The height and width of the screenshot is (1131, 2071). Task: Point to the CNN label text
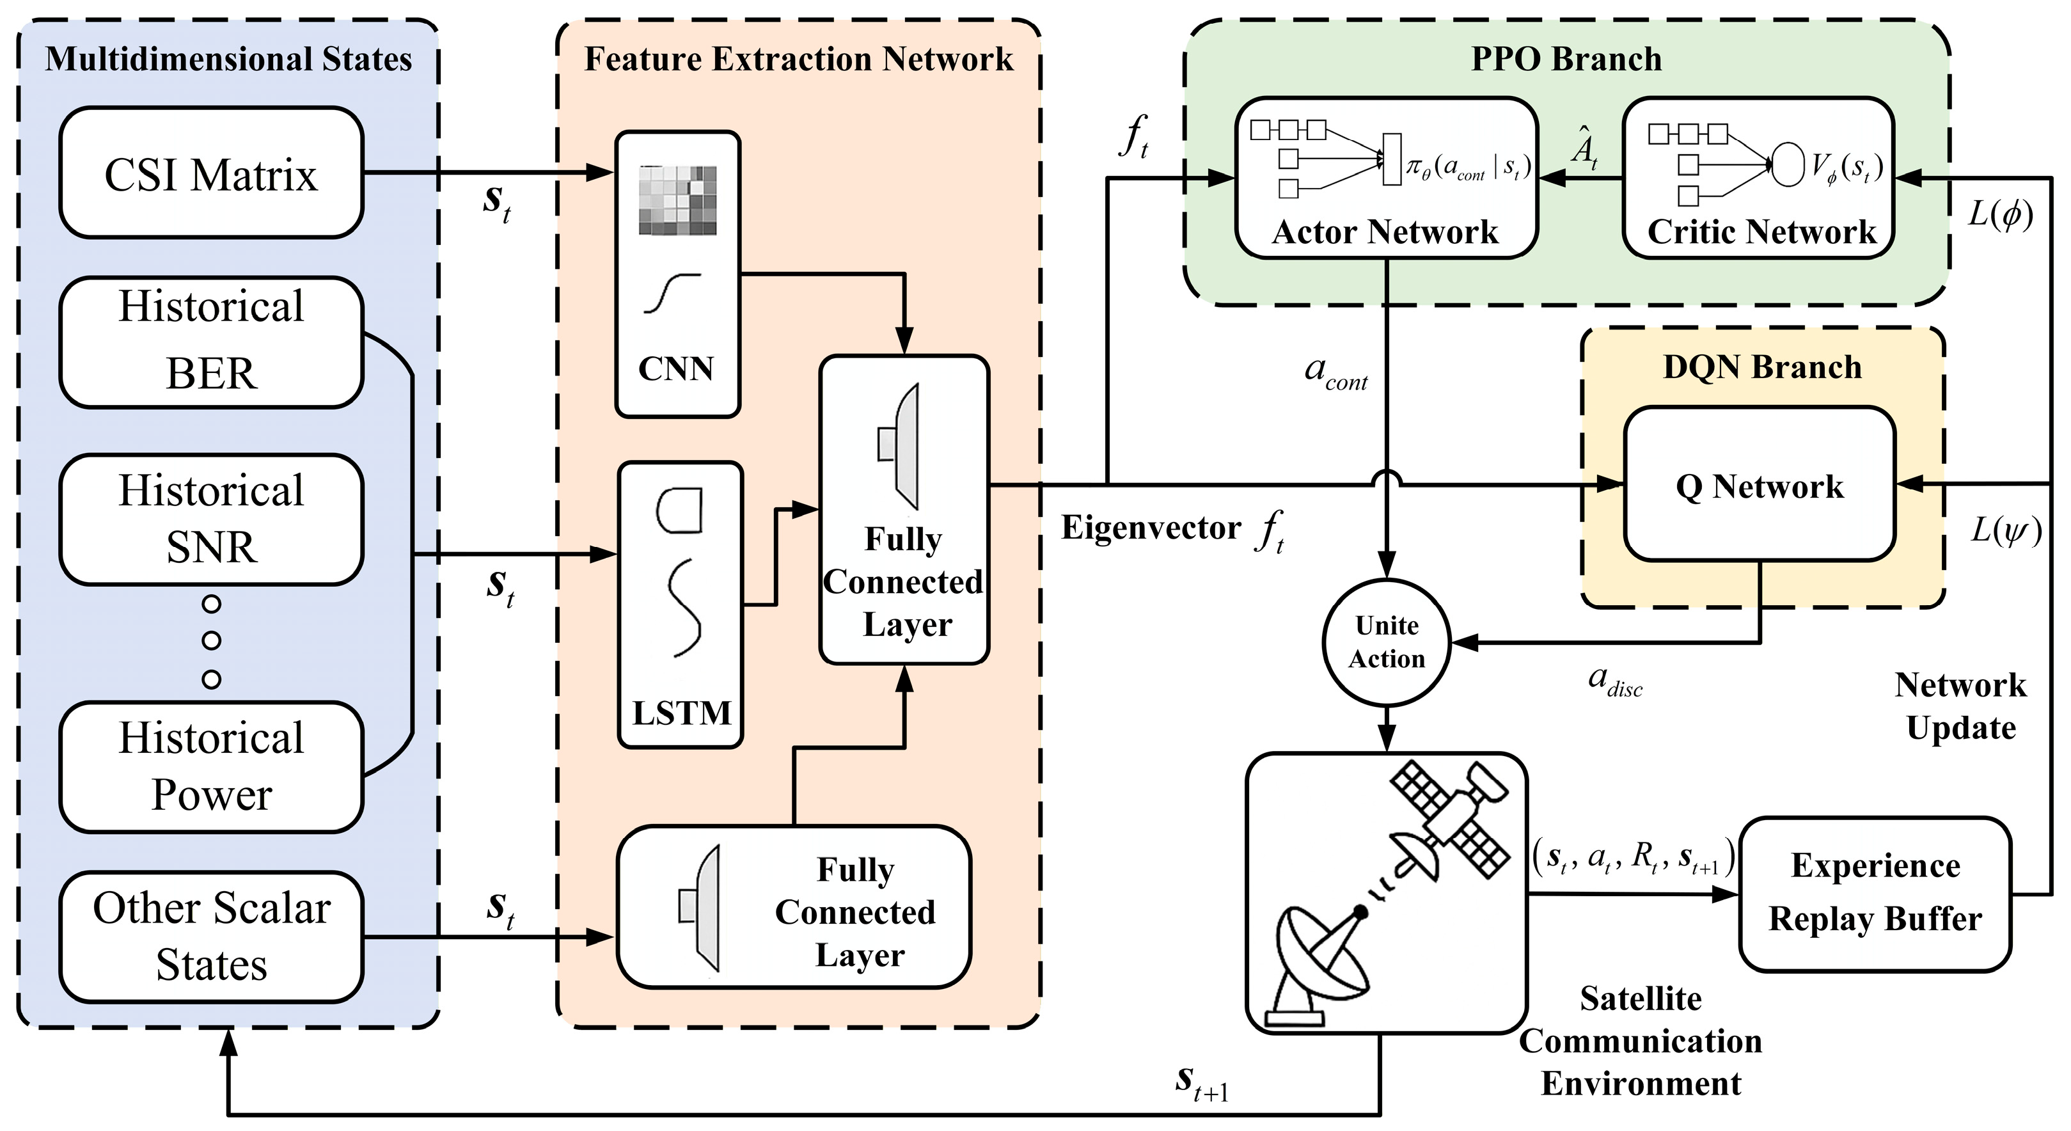[675, 369]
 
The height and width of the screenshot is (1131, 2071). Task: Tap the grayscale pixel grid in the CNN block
[677, 200]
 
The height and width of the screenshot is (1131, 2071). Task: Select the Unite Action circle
[1386, 642]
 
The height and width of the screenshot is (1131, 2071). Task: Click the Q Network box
[1759, 485]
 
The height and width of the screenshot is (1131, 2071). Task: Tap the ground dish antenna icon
[1318, 965]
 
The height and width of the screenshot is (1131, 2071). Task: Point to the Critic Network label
[1761, 232]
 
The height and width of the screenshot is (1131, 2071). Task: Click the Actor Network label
[1385, 232]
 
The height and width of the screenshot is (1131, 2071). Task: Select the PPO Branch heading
[1565, 59]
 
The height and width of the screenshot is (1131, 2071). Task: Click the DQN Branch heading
[1761, 367]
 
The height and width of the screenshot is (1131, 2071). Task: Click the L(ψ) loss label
[2005, 530]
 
